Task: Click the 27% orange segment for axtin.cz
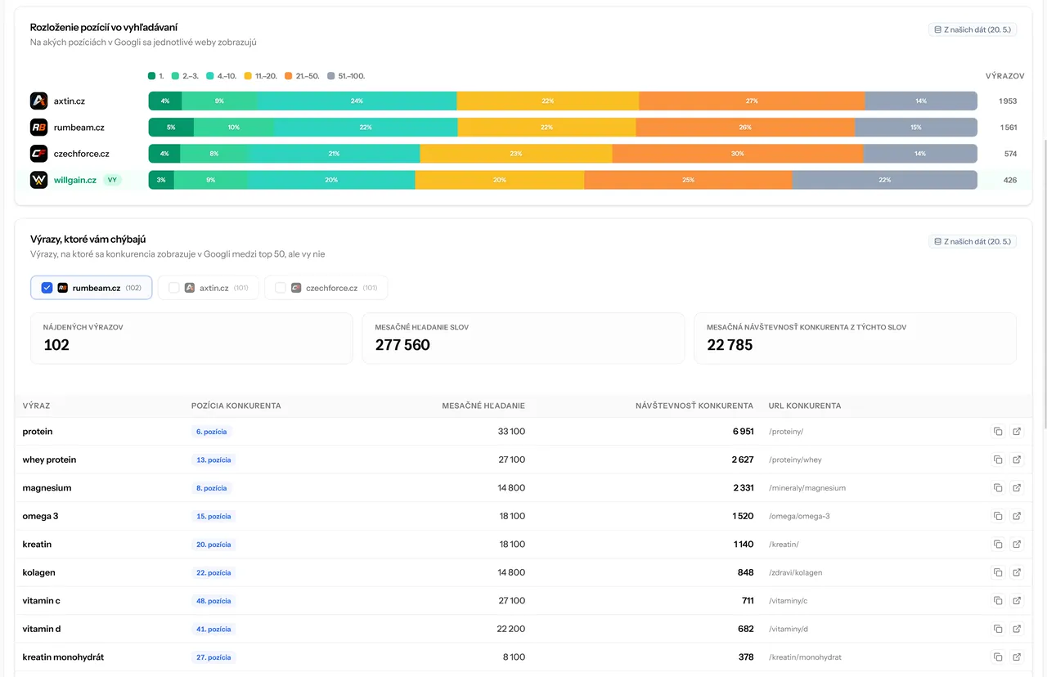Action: point(752,101)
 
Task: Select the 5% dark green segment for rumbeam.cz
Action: point(171,127)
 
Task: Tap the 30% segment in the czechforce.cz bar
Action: point(738,154)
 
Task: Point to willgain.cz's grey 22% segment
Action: point(884,180)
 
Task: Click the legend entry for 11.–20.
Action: point(261,76)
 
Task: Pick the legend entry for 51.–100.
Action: point(346,76)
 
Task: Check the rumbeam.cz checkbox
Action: point(47,288)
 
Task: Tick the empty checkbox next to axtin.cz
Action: point(174,288)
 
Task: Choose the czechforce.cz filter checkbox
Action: point(281,288)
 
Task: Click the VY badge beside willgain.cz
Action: point(112,180)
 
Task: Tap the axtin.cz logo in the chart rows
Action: point(38,101)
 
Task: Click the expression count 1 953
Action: point(1008,101)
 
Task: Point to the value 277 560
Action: point(402,345)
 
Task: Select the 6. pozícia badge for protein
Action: point(211,432)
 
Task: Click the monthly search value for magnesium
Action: point(511,488)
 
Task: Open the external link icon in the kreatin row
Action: point(1017,545)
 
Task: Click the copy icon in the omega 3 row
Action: point(998,516)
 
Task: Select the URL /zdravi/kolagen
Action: point(796,572)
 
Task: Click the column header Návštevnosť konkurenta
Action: point(694,406)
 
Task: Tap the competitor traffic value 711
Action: point(748,600)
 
